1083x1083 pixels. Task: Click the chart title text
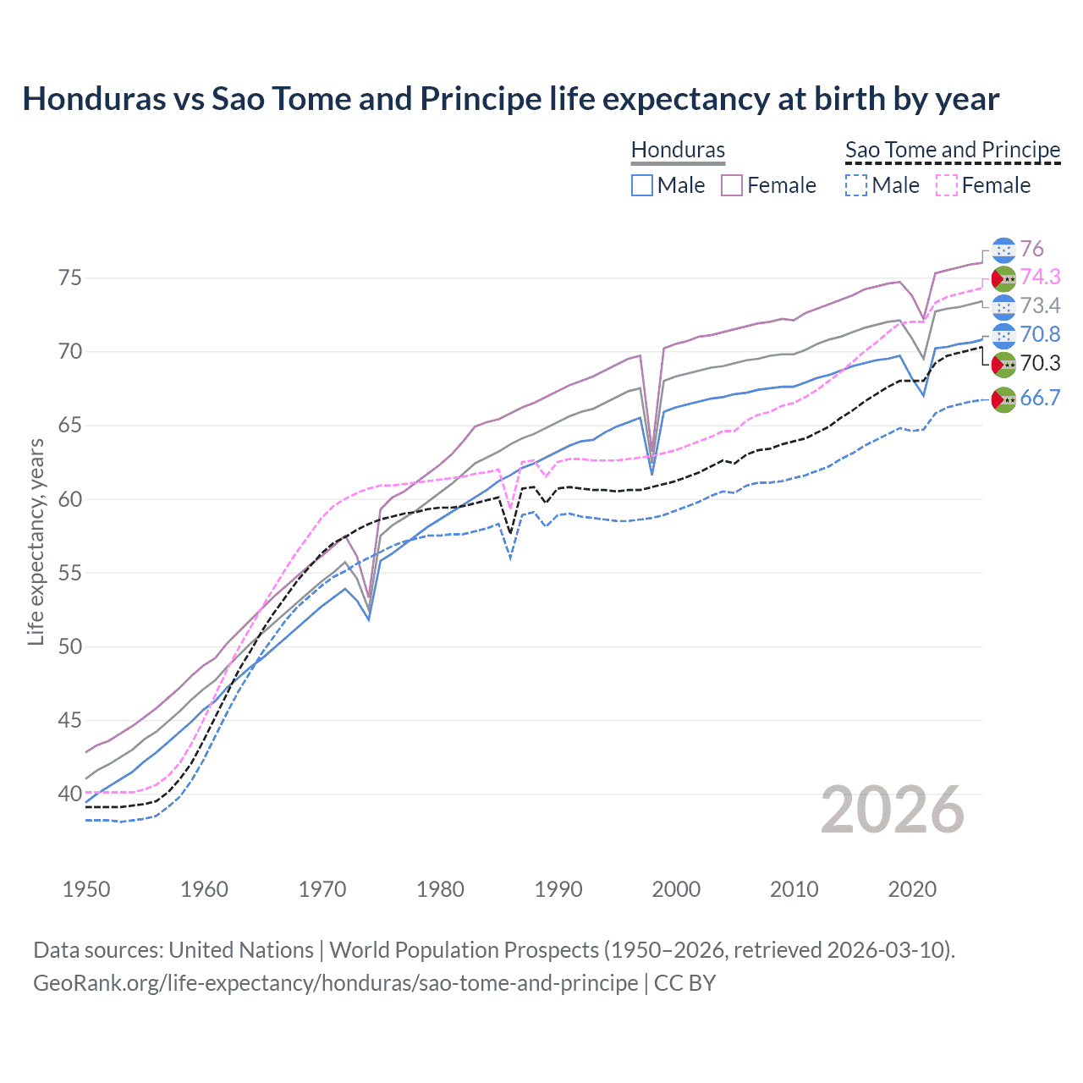(510, 99)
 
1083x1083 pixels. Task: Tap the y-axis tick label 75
(69, 278)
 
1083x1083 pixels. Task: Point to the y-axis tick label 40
(69, 794)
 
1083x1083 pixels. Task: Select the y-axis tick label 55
(69, 573)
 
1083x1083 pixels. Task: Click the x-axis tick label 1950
(86, 889)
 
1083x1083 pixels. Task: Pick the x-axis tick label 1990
(558, 889)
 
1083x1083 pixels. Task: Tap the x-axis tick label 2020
(912, 889)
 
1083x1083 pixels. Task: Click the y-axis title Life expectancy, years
(36, 541)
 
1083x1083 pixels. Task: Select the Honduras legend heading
(678, 150)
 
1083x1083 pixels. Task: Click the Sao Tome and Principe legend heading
(953, 150)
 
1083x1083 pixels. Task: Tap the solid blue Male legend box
(642, 185)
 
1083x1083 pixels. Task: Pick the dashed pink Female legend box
(947, 185)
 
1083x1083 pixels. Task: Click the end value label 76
(1031, 249)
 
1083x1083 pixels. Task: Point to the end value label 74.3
(1040, 277)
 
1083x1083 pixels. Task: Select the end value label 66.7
(1040, 398)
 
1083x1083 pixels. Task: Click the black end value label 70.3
(1040, 363)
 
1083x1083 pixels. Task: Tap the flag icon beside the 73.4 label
(1003, 306)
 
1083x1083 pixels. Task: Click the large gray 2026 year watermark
(893, 810)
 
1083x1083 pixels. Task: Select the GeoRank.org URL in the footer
(335, 982)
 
